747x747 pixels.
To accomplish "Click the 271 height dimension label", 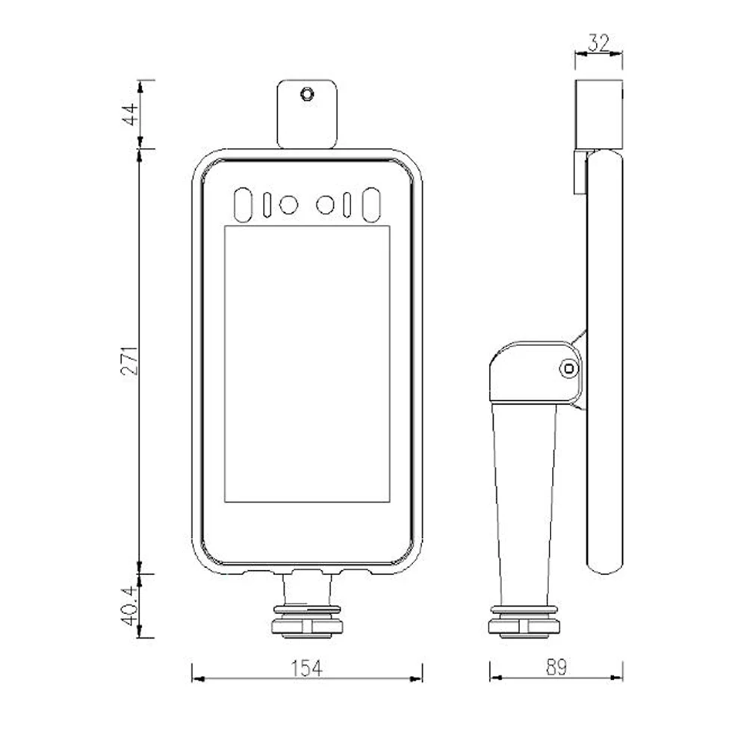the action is [x=130, y=361].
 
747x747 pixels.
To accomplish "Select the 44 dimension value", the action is [x=131, y=114].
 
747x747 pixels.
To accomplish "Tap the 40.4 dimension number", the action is [x=130, y=606].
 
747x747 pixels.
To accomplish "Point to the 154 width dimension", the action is [x=306, y=668].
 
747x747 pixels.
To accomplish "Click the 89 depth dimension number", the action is [x=557, y=667].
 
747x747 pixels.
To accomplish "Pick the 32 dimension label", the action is [x=598, y=43].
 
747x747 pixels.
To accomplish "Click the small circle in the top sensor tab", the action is [x=307, y=93].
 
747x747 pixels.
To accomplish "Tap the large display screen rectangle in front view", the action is [x=307, y=364].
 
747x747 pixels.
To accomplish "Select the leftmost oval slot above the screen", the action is [x=243, y=205].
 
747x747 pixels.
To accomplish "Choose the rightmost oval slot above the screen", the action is [x=371, y=205].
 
